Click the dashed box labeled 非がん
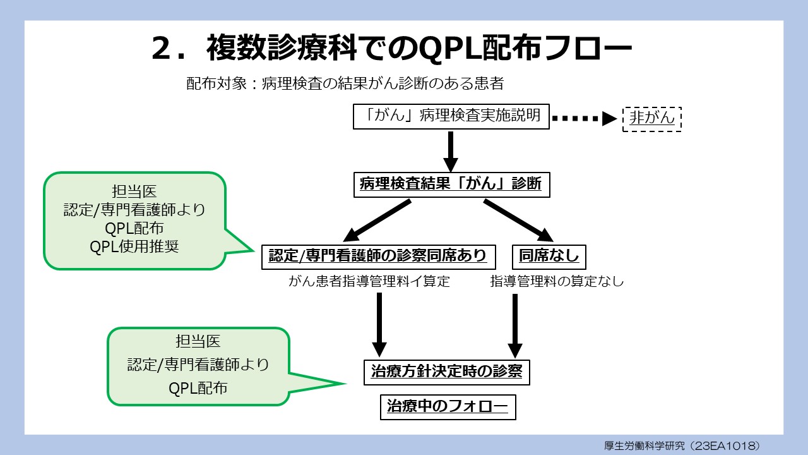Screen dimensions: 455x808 652,118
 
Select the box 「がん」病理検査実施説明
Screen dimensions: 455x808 451,117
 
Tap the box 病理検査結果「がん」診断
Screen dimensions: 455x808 451,185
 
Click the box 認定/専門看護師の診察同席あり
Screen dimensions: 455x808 378,255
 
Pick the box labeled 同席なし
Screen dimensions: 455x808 549,255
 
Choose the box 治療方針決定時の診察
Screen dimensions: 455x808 446,372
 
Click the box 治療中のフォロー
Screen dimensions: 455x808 447,407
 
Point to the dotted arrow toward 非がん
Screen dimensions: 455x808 584,118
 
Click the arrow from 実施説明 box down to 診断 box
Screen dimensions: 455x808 451,151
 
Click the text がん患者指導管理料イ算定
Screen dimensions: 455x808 369,282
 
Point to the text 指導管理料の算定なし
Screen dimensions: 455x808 557,282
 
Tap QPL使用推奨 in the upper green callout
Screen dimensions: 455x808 134,246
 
